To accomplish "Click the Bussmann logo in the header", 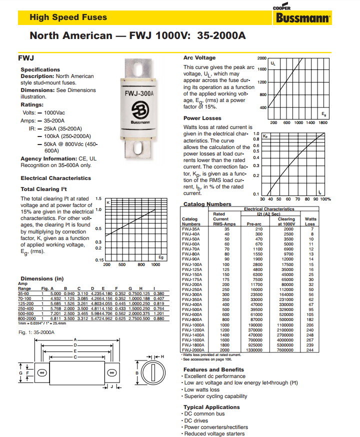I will click(x=302, y=18).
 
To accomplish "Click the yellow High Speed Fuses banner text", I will click(x=68, y=17).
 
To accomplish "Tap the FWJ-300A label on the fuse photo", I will click(x=138, y=93).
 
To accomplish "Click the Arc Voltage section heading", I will click(x=199, y=58).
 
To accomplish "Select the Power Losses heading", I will click(x=202, y=118).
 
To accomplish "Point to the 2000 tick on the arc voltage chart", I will click(x=262, y=58).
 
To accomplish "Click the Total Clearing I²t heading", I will click(x=44, y=189).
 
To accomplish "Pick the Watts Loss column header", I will click(x=310, y=221).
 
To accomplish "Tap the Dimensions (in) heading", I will click(x=42, y=278).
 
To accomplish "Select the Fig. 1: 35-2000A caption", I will click(x=36, y=331).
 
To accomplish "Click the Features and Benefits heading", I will click(x=213, y=369).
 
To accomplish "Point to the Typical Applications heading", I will click(x=211, y=407).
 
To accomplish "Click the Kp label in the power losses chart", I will click(x=265, y=135).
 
